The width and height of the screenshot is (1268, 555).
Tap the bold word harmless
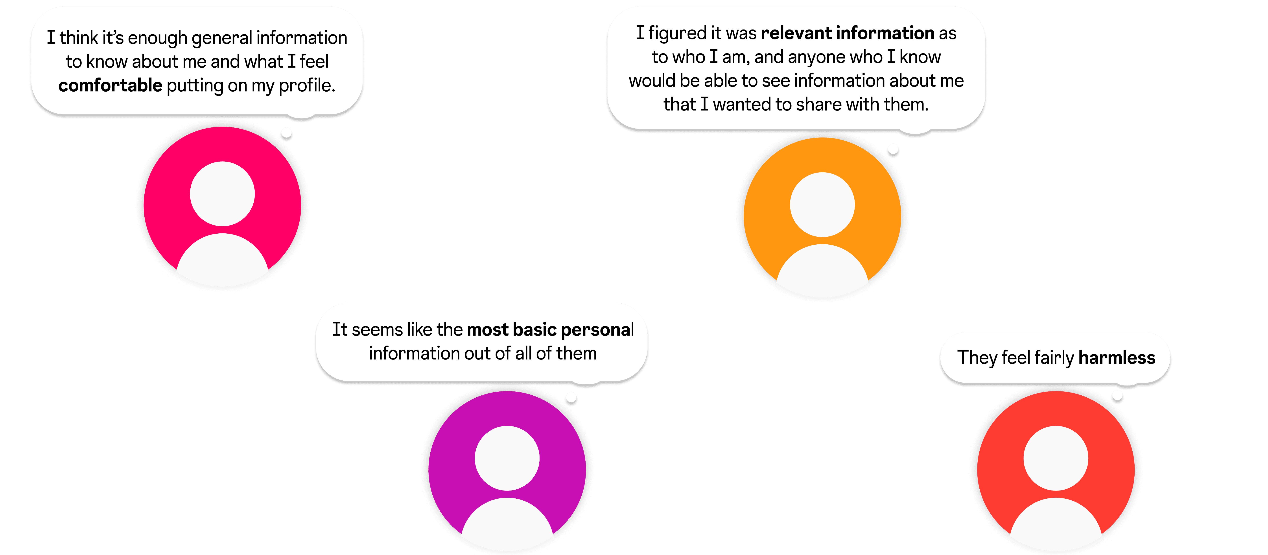(x=1116, y=358)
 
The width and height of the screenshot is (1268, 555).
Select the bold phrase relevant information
(x=847, y=33)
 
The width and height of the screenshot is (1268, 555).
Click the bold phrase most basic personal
(x=550, y=329)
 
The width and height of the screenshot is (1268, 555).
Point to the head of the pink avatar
(x=223, y=194)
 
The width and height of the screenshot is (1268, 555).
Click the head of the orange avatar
(x=822, y=204)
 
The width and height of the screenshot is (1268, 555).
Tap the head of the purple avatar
(x=507, y=458)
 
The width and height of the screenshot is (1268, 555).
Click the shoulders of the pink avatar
(x=223, y=261)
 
